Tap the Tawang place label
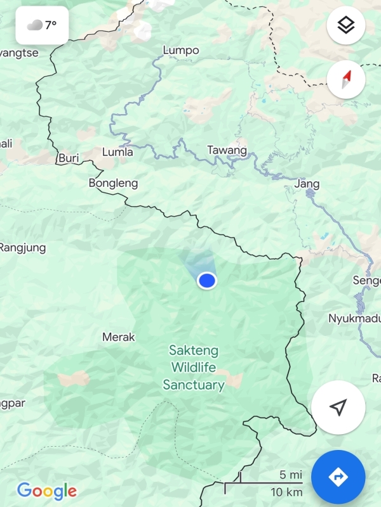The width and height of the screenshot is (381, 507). pos(227,150)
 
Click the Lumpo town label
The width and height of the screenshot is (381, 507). pos(181,50)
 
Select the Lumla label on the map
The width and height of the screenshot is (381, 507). pos(118,152)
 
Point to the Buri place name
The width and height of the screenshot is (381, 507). pos(68,158)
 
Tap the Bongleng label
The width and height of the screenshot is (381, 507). pos(113,183)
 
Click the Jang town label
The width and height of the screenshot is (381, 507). pos(307,184)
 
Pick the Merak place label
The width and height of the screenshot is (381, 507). pos(119,337)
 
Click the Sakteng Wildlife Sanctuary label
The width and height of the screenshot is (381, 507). pos(194,367)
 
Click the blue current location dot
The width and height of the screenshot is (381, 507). pos(207,280)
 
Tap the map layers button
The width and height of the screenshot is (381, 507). pos(345,26)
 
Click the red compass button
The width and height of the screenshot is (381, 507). pos(345,80)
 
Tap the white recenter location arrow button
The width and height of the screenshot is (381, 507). pos(338,407)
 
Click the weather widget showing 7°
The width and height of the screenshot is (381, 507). pos(42,25)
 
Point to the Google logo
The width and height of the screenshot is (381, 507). pos(47,491)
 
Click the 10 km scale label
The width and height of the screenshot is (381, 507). pos(286,492)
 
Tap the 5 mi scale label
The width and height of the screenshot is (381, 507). pos(290,475)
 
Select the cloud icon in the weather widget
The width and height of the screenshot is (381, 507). pos(34,25)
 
